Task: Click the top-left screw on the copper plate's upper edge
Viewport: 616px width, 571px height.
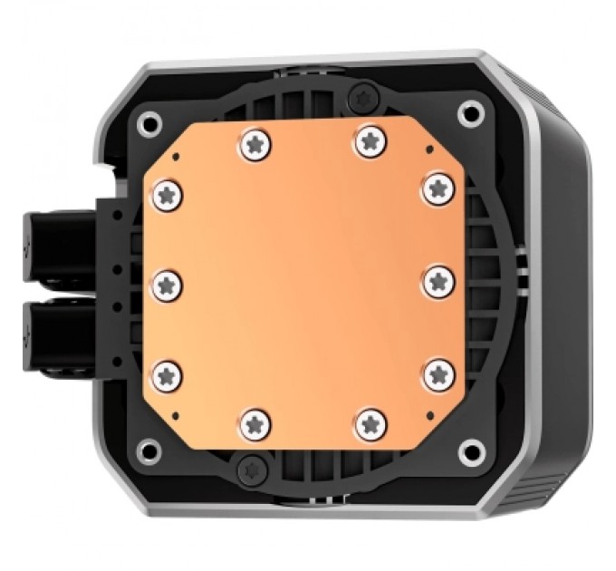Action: (x=254, y=141)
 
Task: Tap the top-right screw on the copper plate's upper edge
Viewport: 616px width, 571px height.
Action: (x=368, y=140)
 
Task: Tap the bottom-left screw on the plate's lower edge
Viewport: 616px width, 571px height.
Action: (x=254, y=421)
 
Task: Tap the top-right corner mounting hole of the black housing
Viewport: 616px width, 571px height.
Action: (x=469, y=112)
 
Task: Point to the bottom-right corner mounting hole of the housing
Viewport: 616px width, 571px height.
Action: (x=469, y=450)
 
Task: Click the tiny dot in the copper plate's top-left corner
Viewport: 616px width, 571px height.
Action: (x=178, y=156)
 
